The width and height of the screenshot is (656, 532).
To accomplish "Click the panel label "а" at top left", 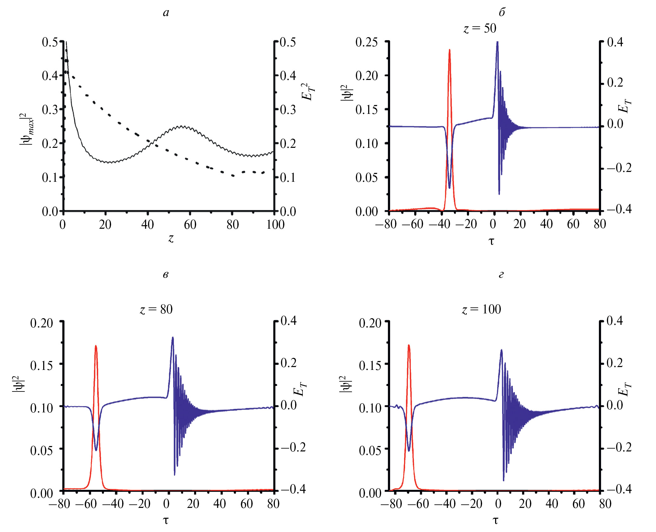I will pyautogui.click(x=166, y=13).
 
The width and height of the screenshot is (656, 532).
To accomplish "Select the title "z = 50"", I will pyautogui.click(x=480, y=29).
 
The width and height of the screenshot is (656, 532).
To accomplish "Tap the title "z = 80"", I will pyautogui.click(x=156, y=309).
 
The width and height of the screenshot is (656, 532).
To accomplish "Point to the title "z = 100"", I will pyautogui.click(x=481, y=309).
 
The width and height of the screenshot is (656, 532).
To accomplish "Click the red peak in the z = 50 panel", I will pyautogui.click(x=449, y=50).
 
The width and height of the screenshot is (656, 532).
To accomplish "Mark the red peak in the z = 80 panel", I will pyautogui.click(x=96, y=346).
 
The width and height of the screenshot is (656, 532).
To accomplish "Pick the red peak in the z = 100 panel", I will pyautogui.click(x=409, y=345).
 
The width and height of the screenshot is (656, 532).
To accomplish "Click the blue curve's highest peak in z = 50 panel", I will pyautogui.click(x=497, y=42).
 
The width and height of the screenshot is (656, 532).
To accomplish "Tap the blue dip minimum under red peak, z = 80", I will pyautogui.click(x=96, y=450).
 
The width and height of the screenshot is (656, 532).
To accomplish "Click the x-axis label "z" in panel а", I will pyautogui.click(x=171, y=238).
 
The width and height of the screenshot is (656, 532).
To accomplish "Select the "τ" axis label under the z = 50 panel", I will pyautogui.click(x=491, y=241).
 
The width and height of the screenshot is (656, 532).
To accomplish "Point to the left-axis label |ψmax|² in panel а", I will pyautogui.click(x=27, y=130).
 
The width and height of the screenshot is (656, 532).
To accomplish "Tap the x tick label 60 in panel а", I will pyautogui.click(x=190, y=225).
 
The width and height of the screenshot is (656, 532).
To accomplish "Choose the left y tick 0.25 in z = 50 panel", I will pyautogui.click(x=367, y=42).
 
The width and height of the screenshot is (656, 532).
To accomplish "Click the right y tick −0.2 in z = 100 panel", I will pyautogui.click(x=619, y=447).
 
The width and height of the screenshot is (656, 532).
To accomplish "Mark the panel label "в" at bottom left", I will pyautogui.click(x=165, y=274).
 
